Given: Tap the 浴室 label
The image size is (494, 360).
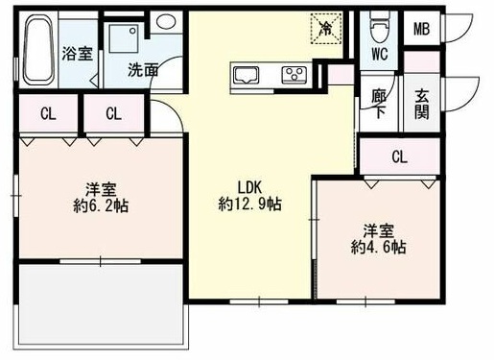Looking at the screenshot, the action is point(78,54).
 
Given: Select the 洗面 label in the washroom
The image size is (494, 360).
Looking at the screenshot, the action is point(143,70).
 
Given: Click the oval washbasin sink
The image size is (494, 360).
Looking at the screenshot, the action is point(166,21).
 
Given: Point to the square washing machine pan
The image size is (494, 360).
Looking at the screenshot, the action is point(124,37).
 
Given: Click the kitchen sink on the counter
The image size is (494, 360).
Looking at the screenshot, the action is point(246,75).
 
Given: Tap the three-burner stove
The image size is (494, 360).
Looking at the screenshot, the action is point(294,75).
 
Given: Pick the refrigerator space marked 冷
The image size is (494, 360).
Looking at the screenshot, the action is point(326,28).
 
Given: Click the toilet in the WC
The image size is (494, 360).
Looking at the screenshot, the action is point(379,28).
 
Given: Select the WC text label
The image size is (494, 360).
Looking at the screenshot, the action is point(380,54).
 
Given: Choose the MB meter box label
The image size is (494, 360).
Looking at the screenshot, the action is point(422,29).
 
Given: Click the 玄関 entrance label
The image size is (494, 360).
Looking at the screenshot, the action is point(422,104).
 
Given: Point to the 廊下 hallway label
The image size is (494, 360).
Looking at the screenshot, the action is point(379,104).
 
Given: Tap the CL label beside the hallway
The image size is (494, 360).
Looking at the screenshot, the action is point(400,157).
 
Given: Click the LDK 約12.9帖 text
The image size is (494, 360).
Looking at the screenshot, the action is point(249,196).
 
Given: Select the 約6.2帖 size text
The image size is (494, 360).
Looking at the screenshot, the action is point(101,206).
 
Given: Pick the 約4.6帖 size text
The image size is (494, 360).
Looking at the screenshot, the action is point(379,247).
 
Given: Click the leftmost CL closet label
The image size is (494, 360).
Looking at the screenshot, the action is point(48,113).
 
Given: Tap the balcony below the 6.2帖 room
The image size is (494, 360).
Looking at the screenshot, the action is point(101,305).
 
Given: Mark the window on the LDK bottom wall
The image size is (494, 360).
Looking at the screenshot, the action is point(259,301).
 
